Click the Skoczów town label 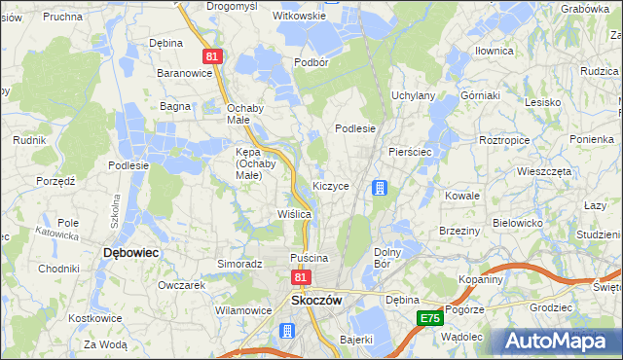point(316,301)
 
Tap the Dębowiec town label point(130,251)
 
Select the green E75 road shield point(430,318)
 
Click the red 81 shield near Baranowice point(215,57)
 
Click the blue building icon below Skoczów point(287,331)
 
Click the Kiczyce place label point(331,185)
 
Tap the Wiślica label point(294,213)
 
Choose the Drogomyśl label point(231,6)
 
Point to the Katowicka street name point(56,234)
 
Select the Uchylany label point(413,95)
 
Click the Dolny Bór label point(388,258)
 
